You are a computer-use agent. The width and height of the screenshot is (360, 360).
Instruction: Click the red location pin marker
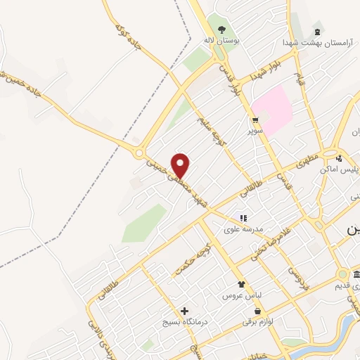[x=181, y=166]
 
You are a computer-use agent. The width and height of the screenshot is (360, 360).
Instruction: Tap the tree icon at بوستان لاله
[x=222, y=30]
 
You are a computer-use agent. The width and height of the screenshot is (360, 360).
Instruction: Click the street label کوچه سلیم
[x=213, y=128]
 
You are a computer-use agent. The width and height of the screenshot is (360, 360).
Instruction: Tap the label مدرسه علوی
[x=241, y=229]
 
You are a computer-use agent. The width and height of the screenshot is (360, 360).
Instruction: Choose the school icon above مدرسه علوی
[x=243, y=219]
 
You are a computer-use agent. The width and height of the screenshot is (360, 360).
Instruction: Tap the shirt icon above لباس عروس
[x=243, y=285]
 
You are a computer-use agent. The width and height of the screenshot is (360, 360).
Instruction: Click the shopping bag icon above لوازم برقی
[x=258, y=310]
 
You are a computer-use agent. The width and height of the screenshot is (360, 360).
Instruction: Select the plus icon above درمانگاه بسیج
[x=185, y=311]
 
